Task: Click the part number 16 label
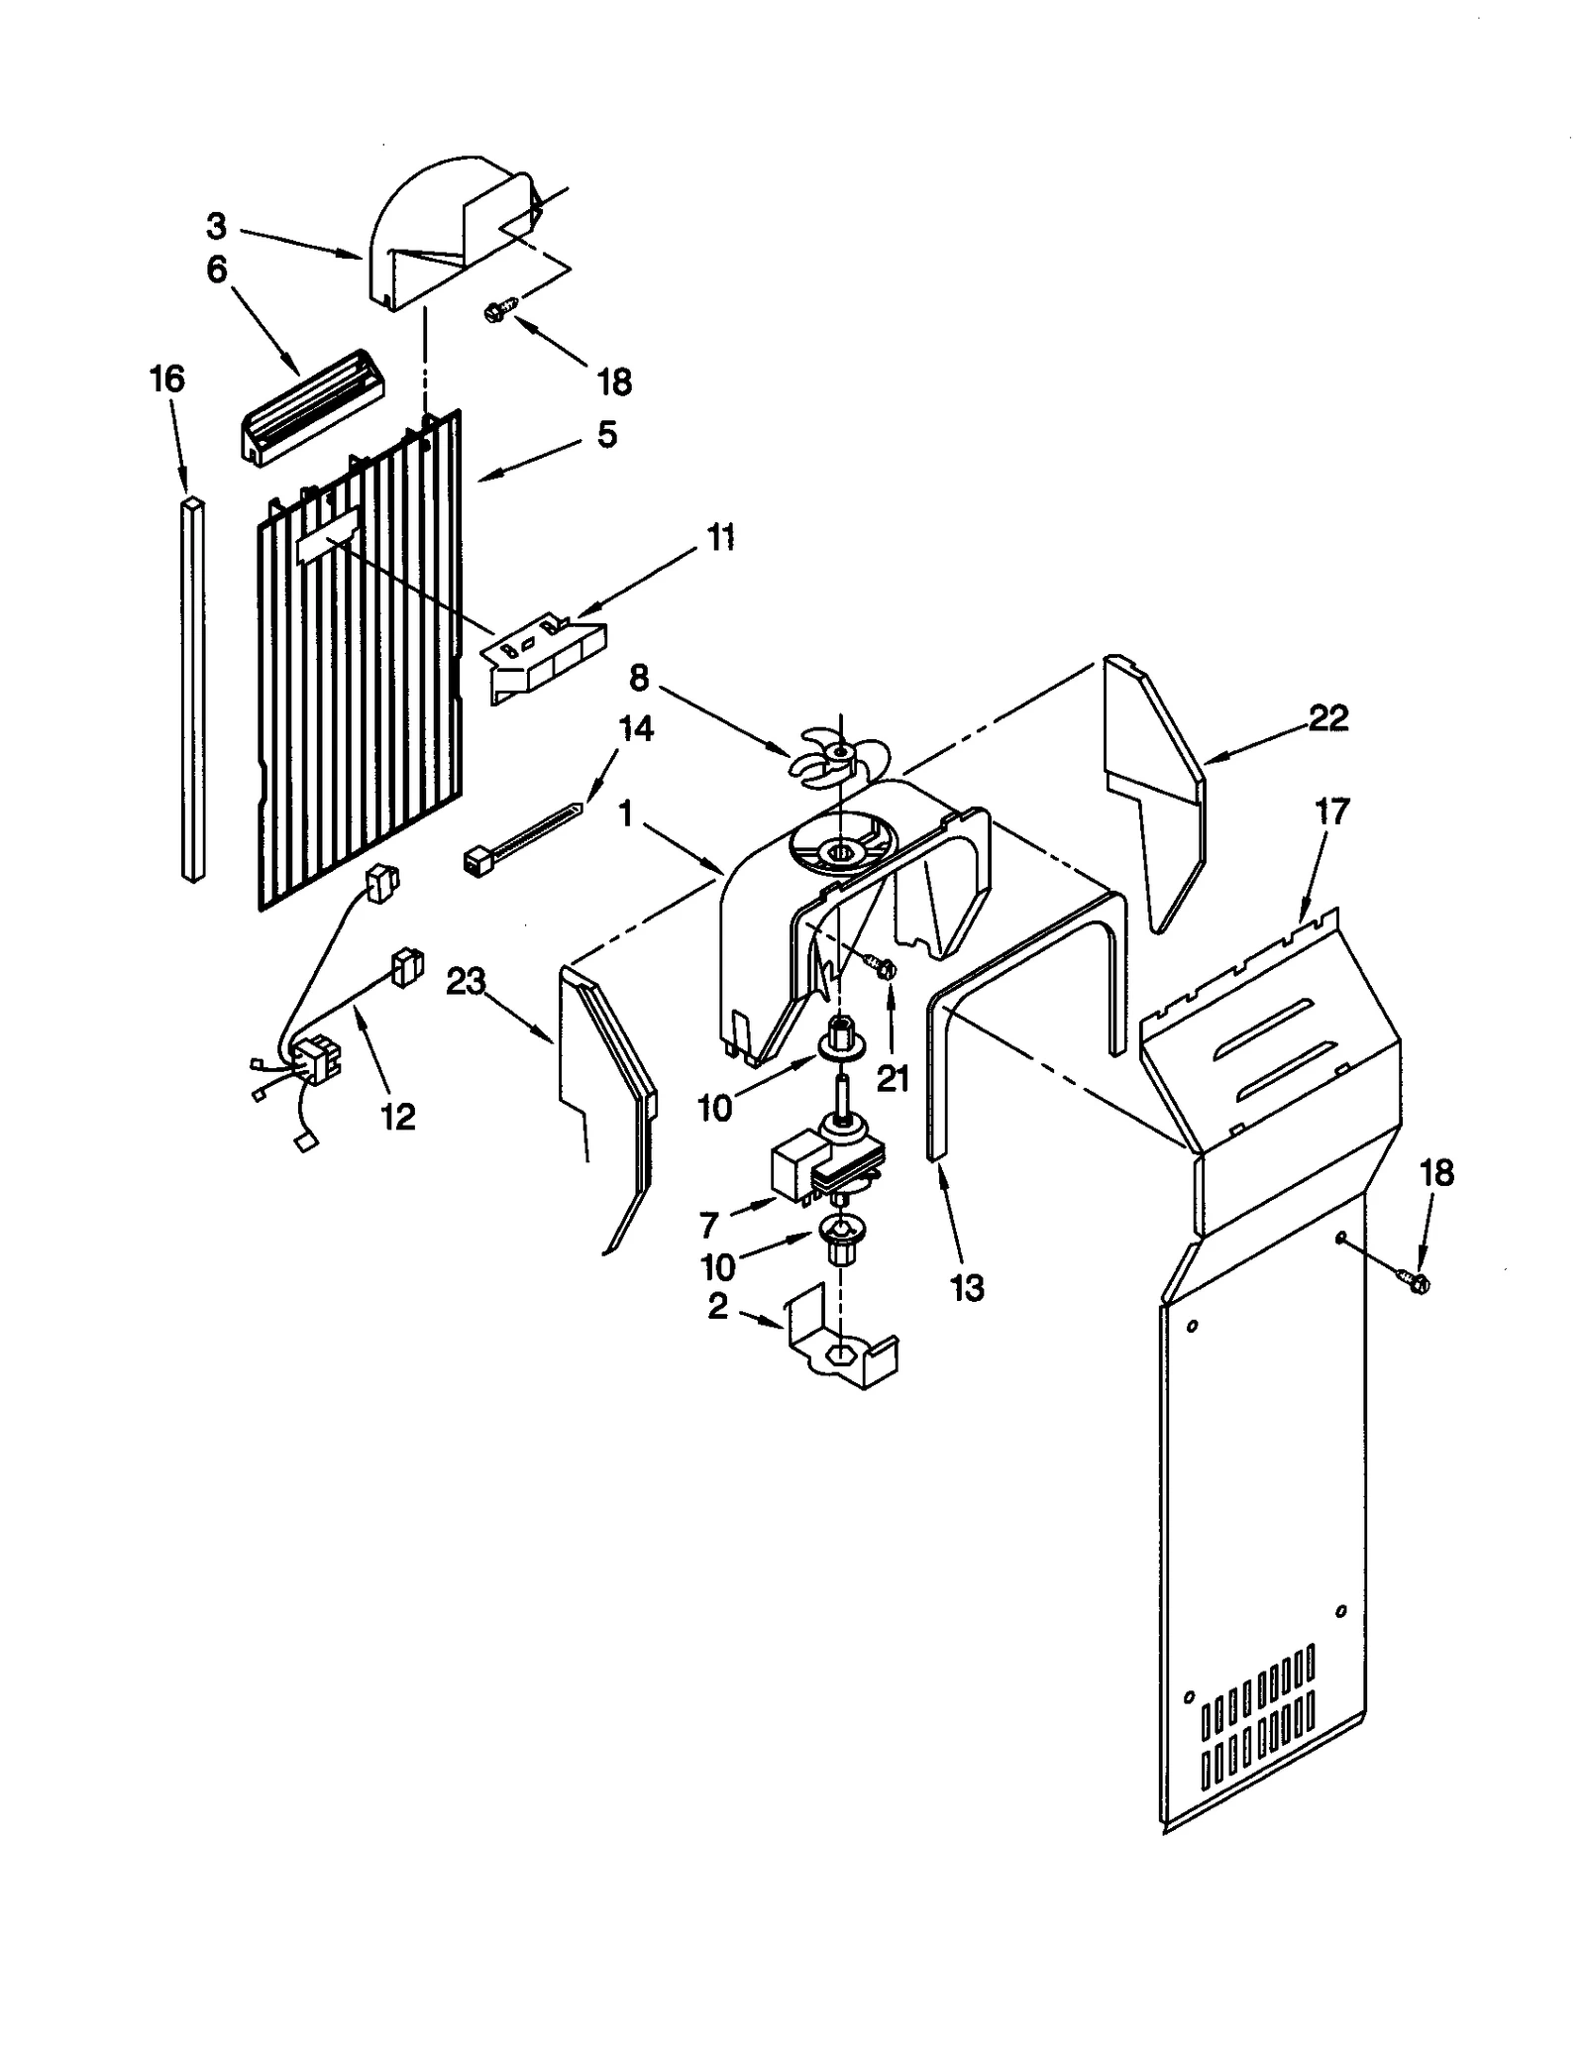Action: [x=167, y=379]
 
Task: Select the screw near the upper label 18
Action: [x=496, y=311]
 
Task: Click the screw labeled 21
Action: [x=881, y=965]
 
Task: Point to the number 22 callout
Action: [x=1328, y=718]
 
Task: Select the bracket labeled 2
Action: [x=842, y=1351]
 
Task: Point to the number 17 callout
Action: [x=1332, y=812]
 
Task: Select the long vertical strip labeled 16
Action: [x=194, y=689]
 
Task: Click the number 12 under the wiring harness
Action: [x=397, y=1117]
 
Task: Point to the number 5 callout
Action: [x=606, y=434]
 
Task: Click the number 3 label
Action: [x=216, y=227]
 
